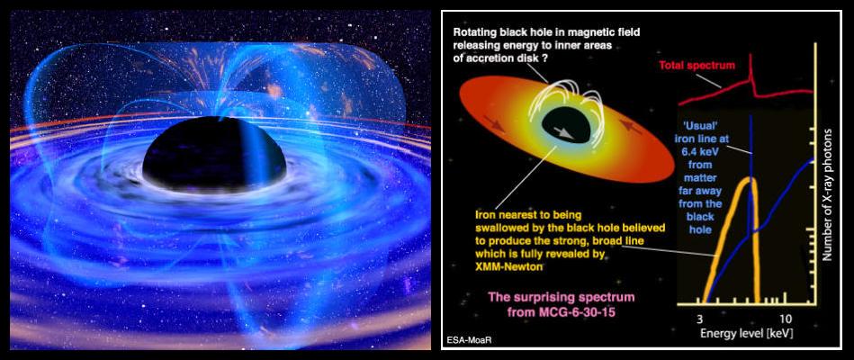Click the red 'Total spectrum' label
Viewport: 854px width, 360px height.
pos(697,66)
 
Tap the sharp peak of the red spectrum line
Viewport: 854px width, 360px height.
pos(751,54)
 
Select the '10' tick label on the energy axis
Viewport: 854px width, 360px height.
pos(785,318)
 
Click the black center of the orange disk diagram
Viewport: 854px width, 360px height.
pos(566,126)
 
